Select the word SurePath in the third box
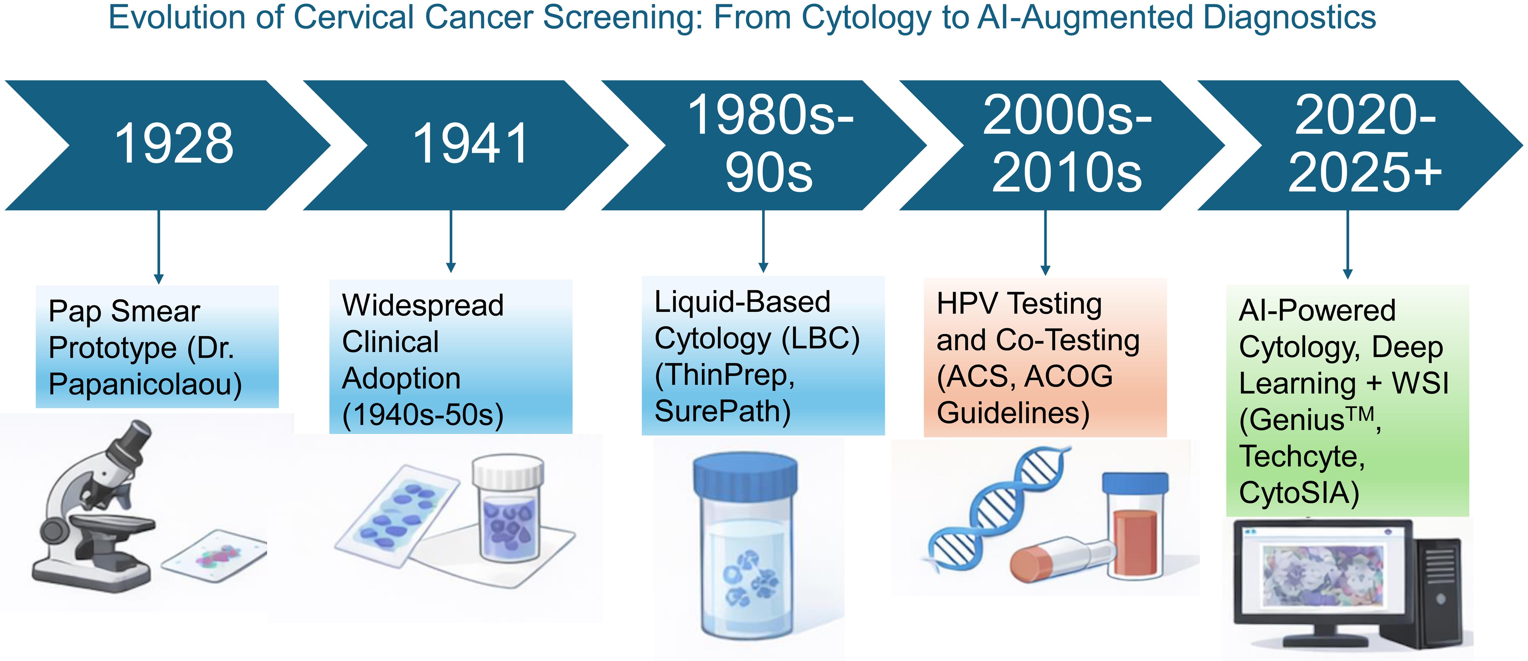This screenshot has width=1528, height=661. pos(722,411)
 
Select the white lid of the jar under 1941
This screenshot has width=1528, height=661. pos(508,471)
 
